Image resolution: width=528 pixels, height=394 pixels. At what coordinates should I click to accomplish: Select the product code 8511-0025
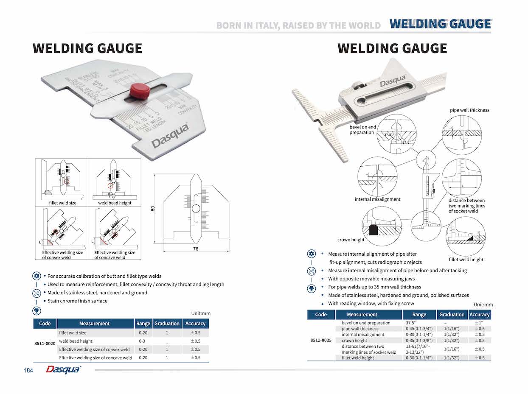point(320,341)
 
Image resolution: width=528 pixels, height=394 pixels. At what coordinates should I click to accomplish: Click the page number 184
point(28,370)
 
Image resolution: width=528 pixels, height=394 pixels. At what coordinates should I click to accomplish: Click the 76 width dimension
point(195,249)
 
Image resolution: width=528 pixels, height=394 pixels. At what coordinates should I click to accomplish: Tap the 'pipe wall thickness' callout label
point(469,110)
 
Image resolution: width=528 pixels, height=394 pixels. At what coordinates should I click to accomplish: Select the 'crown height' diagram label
point(351,240)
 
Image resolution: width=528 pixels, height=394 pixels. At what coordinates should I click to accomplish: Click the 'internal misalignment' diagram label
point(377,199)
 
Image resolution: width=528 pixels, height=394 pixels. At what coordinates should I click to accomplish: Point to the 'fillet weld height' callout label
point(466,260)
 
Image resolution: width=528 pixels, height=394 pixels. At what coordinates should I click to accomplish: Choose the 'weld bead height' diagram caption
point(115,203)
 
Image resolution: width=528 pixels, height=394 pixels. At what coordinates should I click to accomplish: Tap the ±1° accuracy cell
point(480,323)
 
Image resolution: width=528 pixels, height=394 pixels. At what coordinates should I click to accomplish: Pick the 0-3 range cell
point(142,341)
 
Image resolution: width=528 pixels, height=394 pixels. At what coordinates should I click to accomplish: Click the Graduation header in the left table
point(167,324)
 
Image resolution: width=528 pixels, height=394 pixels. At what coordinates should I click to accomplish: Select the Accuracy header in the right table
point(480,315)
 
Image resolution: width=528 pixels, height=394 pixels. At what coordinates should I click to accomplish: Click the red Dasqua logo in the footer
point(63,370)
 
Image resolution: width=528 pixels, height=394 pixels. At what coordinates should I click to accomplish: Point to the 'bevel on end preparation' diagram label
point(363,130)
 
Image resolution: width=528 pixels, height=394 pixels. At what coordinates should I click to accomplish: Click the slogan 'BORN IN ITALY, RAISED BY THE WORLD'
point(298,25)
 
